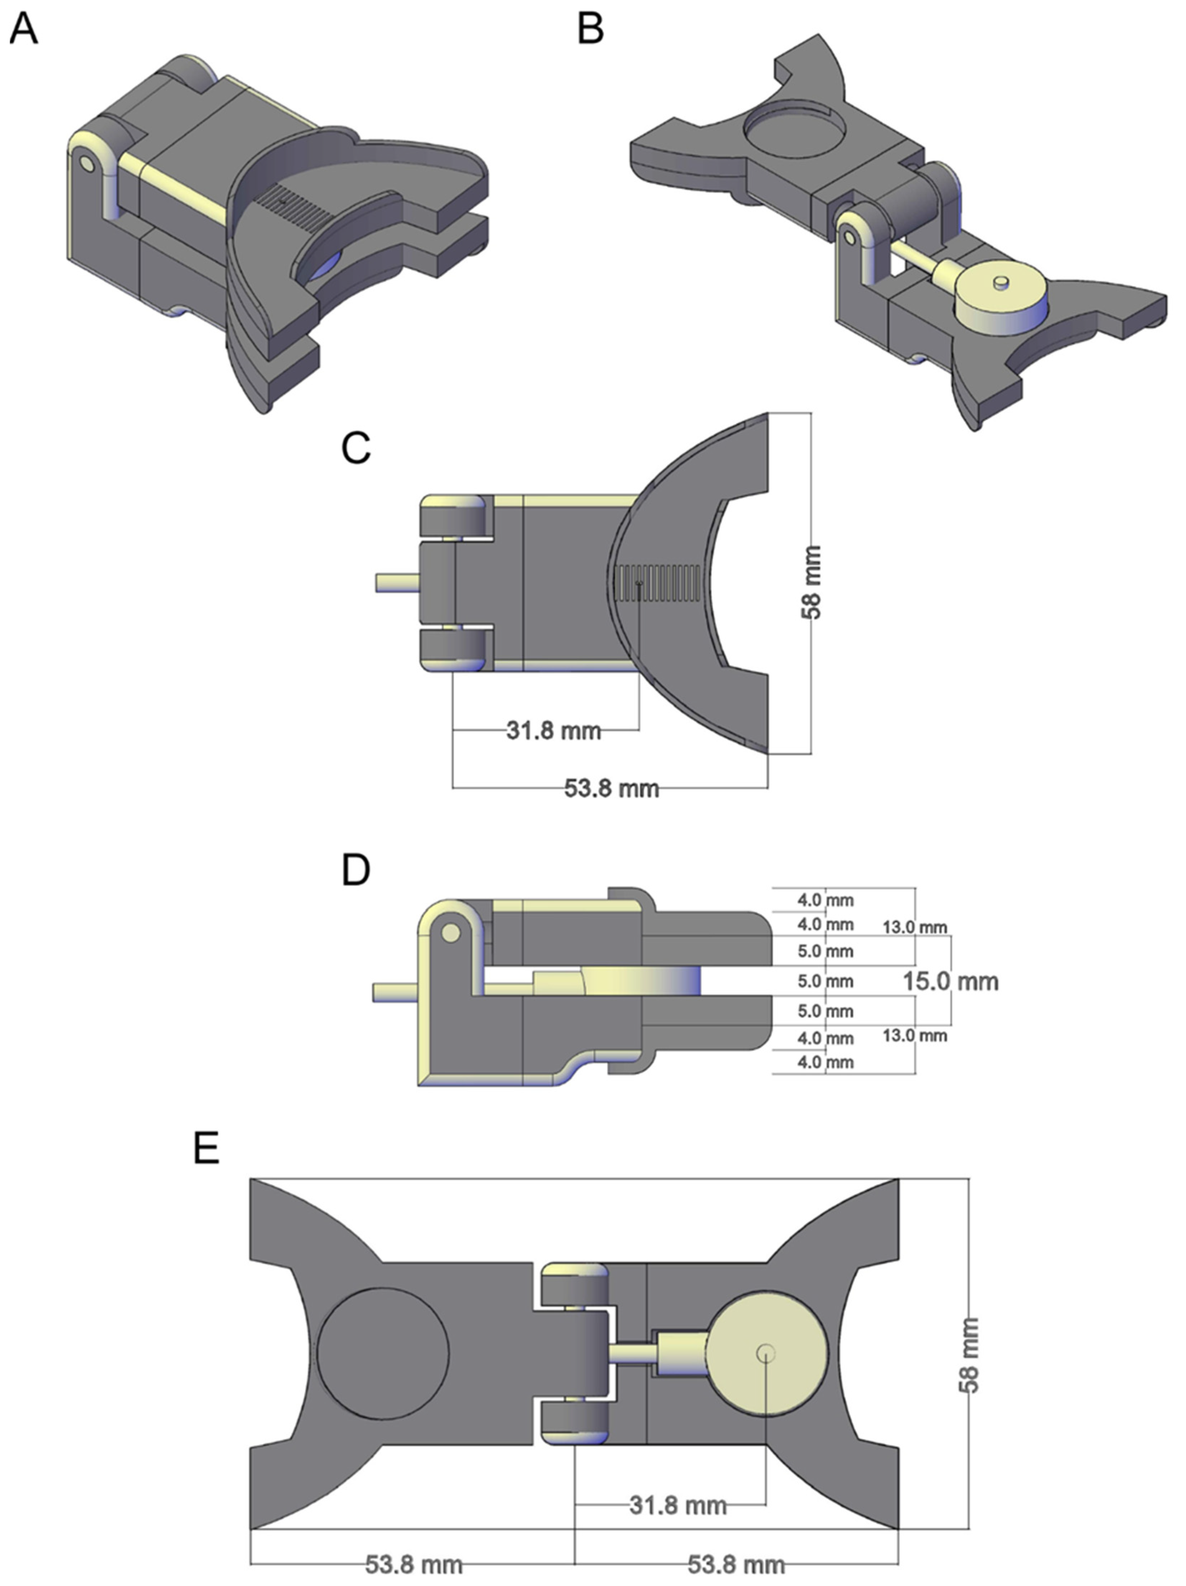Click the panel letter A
(x=24, y=30)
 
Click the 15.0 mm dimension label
(x=950, y=981)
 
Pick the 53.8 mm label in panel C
(x=611, y=788)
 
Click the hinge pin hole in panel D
(x=451, y=933)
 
